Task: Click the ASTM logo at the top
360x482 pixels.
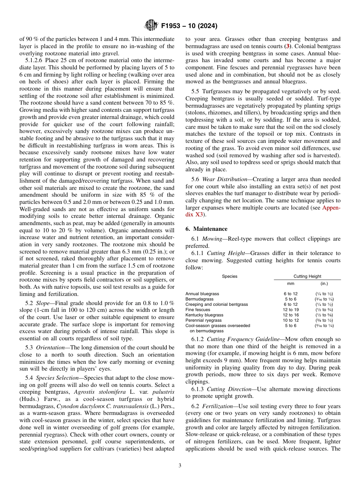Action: click(x=150, y=26)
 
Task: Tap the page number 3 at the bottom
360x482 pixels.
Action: click(x=180, y=465)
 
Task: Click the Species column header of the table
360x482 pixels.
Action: click(x=230, y=276)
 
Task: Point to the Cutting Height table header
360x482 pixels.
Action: click(x=307, y=276)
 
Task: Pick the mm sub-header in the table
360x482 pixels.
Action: click(x=291, y=283)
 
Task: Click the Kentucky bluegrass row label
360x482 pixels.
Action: click(x=204, y=315)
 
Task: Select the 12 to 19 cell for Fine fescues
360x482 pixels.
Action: click(x=291, y=310)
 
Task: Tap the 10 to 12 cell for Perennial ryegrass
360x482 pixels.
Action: click(x=291, y=320)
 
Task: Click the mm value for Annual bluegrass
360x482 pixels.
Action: click(x=291, y=294)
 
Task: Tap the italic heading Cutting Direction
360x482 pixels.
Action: click(x=227, y=389)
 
